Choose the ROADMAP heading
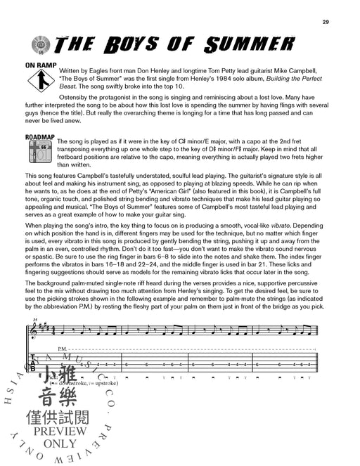(40, 138)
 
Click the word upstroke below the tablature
(103, 385)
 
